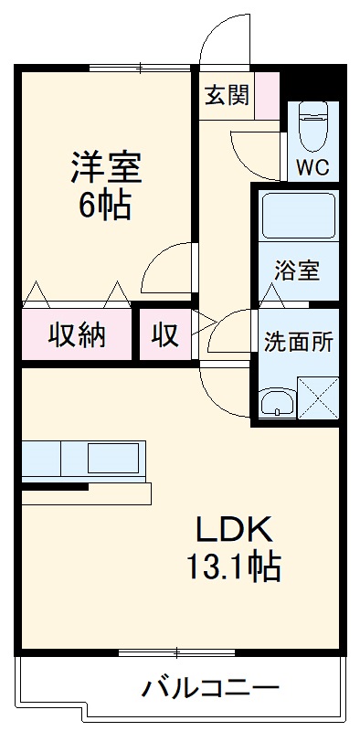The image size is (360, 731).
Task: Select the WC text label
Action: [313, 168]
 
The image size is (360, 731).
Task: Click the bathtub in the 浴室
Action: [299, 217]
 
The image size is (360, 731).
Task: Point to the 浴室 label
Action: [298, 270]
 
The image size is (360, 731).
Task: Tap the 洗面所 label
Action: [299, 343]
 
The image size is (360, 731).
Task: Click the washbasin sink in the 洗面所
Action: [276, 401]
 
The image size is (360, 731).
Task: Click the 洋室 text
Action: [106, 169]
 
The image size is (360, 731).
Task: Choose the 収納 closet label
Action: [77, 335]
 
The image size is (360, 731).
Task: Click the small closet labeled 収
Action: [164, 335]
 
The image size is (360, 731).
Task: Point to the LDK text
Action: [233, 531]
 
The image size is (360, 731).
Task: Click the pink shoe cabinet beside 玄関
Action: [267, 95]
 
